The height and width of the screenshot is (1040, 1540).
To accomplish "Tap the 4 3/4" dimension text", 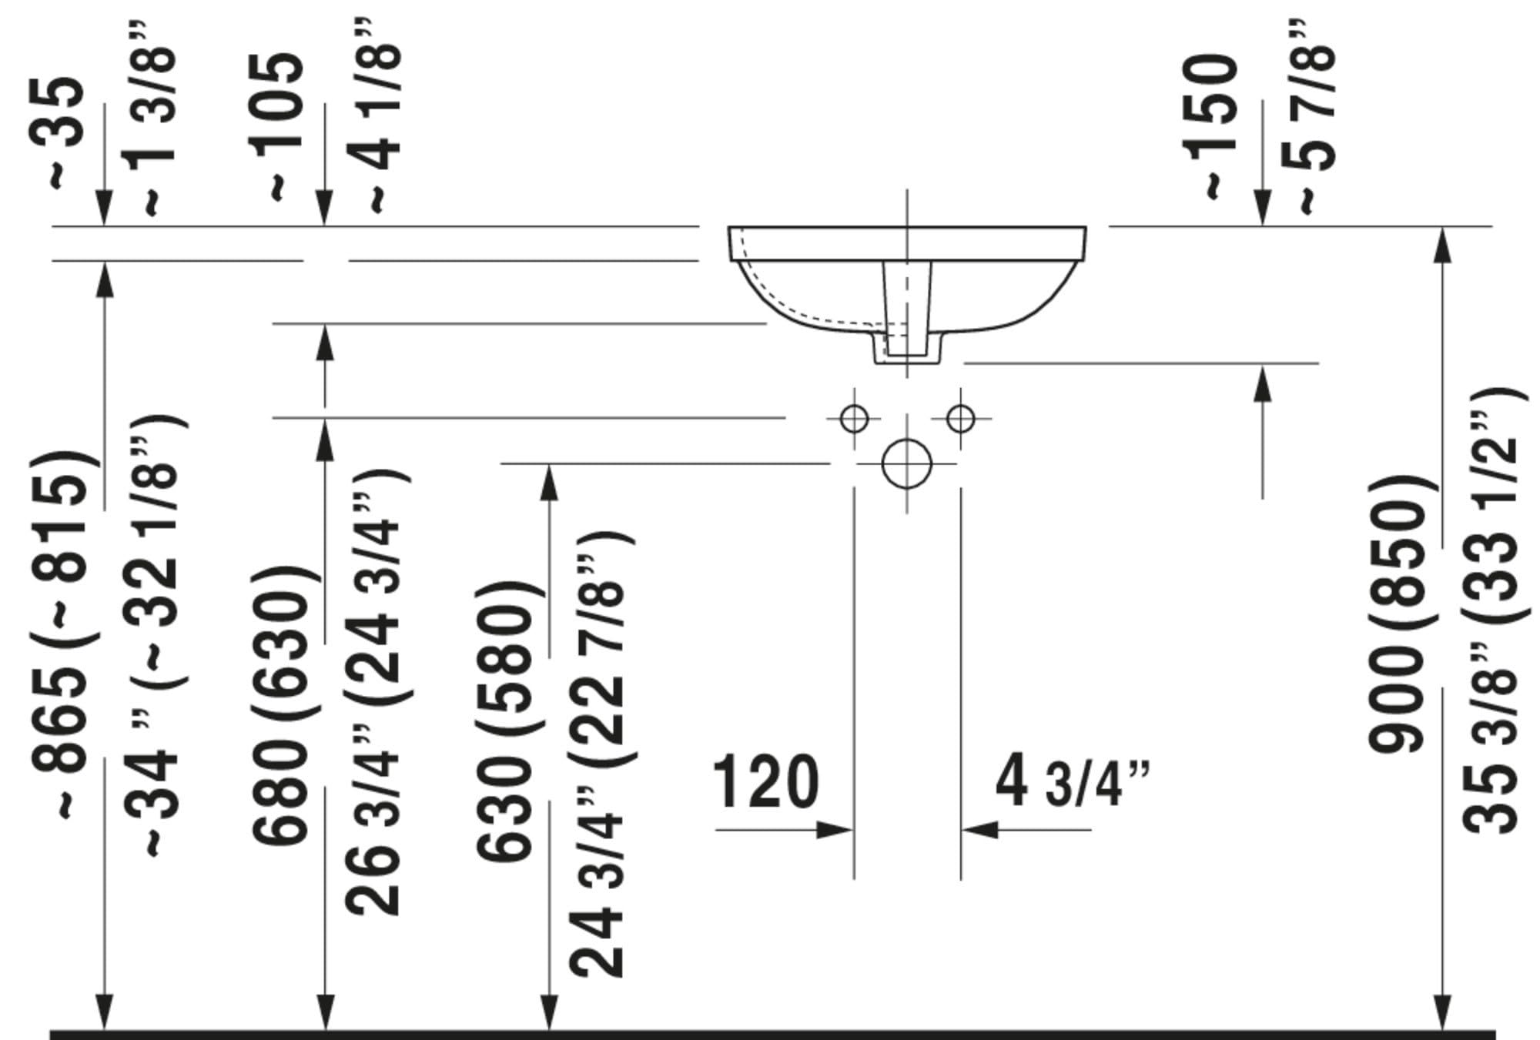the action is (x=1072, y=782).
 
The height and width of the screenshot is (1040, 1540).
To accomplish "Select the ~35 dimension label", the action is (x=65, y=132).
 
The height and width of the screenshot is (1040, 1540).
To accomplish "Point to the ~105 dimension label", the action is (x=284, y=127).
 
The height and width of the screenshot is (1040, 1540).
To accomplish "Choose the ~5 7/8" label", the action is (x=1312, y=116).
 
